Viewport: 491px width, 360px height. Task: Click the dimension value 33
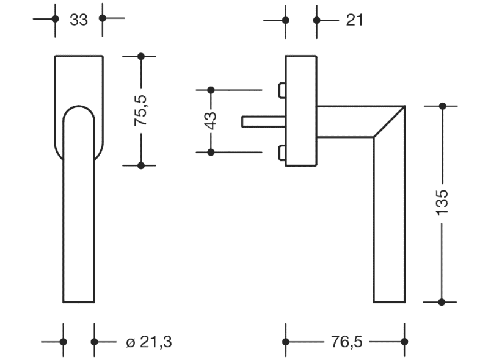79,20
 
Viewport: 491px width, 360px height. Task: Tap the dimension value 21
354,20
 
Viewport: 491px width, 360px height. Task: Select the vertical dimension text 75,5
141,110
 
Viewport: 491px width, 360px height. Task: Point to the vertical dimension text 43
211,120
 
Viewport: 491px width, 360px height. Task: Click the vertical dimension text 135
443,201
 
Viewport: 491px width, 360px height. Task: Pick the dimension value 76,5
346,342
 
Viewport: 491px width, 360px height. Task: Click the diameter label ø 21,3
145,342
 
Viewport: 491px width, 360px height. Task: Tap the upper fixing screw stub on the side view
282,90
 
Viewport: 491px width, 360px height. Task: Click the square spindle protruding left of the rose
263,122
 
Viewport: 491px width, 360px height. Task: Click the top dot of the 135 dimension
443,106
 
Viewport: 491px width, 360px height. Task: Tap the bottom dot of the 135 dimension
443,301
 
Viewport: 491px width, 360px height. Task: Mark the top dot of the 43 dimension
211,90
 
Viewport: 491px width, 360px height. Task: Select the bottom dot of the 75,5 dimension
141,165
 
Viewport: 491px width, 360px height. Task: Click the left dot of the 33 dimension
55,19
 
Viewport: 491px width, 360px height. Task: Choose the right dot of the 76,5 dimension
404,342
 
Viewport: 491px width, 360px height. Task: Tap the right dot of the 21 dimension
316,20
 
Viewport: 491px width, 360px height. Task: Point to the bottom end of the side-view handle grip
389,301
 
